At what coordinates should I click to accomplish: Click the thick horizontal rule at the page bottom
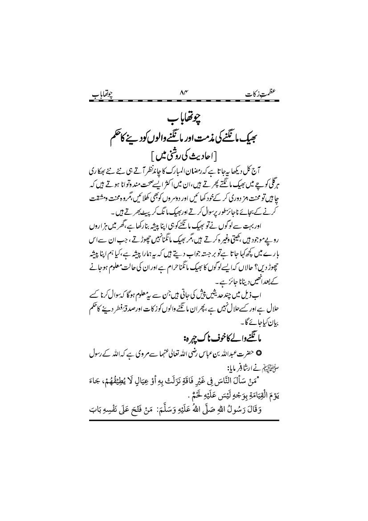[184, 420]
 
